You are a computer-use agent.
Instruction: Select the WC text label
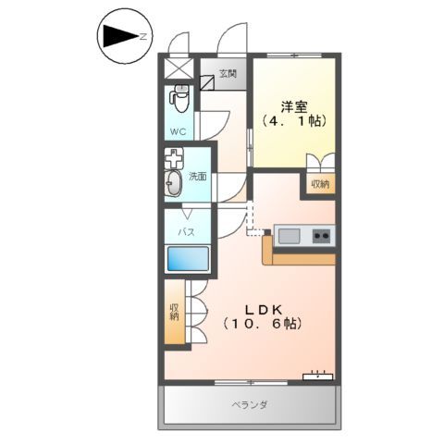[179, 131]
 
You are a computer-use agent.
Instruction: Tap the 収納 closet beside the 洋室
[319, 184]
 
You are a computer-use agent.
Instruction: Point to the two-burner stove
[321, 236]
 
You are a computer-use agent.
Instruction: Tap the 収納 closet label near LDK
[174, 312]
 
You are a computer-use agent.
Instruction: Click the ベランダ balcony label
[249, 405]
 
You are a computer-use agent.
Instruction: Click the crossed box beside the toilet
[179, 68]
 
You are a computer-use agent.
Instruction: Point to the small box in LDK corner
[318, 375]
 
